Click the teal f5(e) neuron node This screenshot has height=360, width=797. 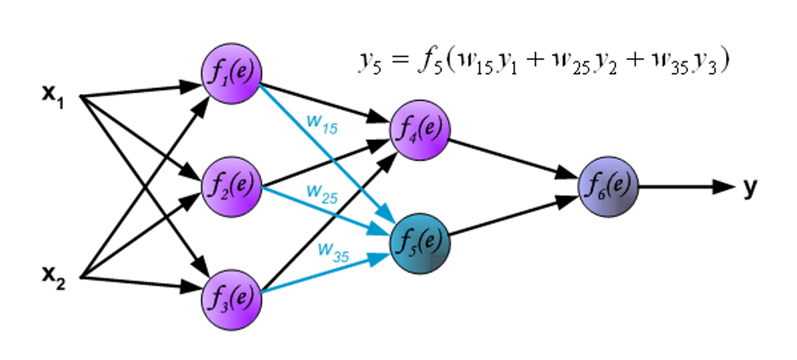click(421, 240)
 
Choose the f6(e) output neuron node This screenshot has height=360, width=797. click(609, 187)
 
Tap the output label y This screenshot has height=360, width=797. click(750, 187)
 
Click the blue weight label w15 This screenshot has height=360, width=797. click(320, 125)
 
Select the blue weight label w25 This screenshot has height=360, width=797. click(321, 192)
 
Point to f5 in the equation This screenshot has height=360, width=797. click(427, 62)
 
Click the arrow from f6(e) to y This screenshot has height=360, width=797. click(684, 187)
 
